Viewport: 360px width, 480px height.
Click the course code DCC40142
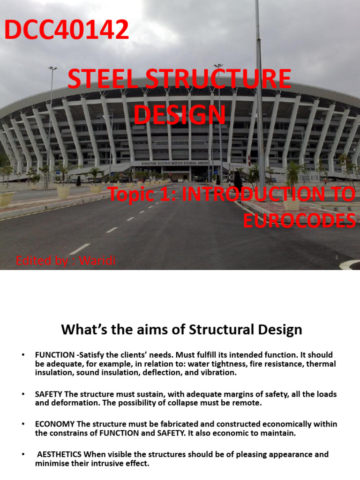tap(67, 30)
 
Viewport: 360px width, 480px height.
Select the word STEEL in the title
tap(103, 79)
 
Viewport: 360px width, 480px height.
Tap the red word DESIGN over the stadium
tap(180, 114)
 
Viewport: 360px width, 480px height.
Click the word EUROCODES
tap(300, 220)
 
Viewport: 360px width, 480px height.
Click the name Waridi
tap(97, 261)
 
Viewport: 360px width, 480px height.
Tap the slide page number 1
tap(337, 257)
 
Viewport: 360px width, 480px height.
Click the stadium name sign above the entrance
tap(175, 163)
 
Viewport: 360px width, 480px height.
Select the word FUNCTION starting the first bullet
tap(55, 355)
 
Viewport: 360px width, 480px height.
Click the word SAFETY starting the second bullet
tap(48, 394)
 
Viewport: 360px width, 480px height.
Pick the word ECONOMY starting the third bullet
tap(55, 424)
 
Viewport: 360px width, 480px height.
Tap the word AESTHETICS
tap(60, 454)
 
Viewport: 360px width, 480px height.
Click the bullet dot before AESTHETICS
tap(23, 454)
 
